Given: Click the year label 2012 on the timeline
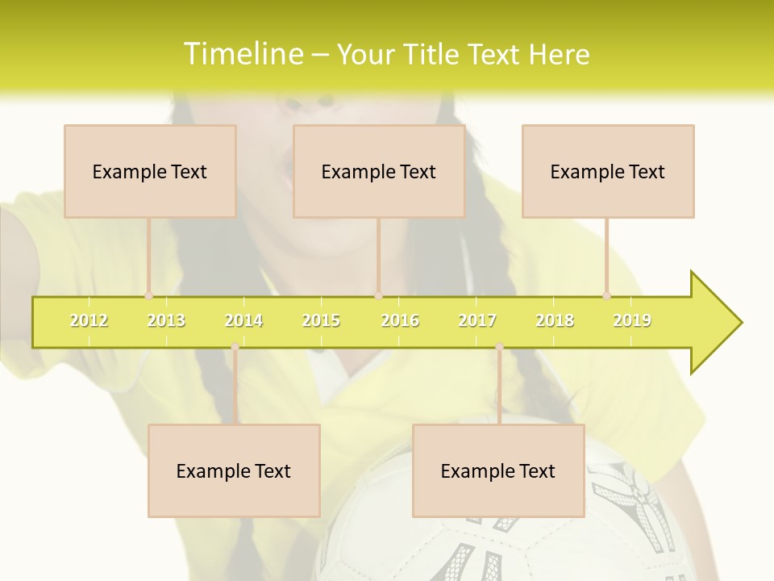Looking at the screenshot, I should tap(89, 320).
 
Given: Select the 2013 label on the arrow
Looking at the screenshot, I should tap(166, 320).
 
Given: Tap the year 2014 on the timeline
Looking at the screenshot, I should tap(243, 320).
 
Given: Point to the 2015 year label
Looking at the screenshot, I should tap(321, 320).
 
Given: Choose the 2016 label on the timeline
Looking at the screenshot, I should tap(400, 320).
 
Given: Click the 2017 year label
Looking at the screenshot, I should tap(477, 320).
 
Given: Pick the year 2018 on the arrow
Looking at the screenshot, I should tap(555, 320).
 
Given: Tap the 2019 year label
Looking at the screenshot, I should tap(632, 320).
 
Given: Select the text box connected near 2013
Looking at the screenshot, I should tap(150, 171).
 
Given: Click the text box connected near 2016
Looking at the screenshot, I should tap(379, 171).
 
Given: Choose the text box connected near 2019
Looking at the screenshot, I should tap(608, 171).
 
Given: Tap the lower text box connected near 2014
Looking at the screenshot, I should tap(234, 470).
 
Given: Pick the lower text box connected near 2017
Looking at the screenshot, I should tap(498, 470).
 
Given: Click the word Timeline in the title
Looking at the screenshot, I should tap(242, 54).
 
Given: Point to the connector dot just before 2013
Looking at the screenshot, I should tap(148, 295).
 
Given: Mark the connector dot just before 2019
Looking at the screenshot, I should tap(606, 295).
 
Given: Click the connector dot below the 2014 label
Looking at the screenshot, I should tap(235, 347).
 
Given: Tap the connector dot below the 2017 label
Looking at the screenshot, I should tap(499, 347).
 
